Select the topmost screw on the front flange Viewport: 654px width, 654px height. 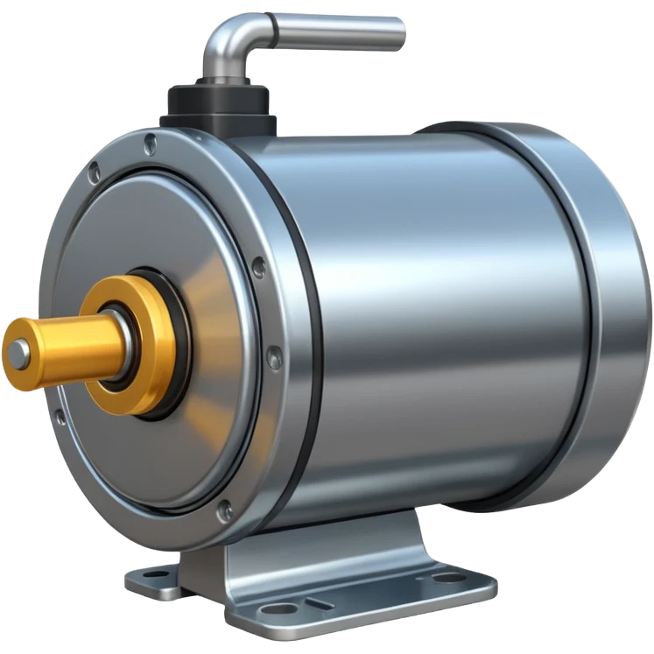(151, 144)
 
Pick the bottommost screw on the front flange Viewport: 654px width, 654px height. (225, 510)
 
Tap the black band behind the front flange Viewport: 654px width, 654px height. (302, 350)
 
